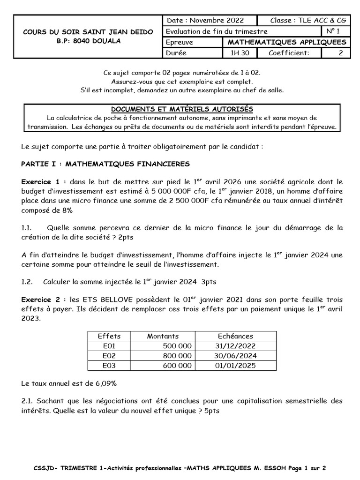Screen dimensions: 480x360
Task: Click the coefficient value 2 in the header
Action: point(340,53)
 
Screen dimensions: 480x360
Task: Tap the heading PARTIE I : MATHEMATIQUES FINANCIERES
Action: point(105,164)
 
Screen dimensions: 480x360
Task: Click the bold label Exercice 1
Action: point(41,181)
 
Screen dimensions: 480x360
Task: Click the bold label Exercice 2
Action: point(41,300)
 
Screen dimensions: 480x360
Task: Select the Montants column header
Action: point(163,336)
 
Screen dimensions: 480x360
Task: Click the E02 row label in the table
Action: point(109,355)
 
